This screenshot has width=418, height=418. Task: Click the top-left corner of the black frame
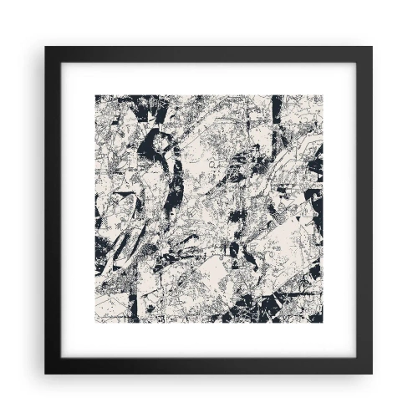coord(47,48)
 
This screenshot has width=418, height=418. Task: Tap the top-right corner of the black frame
coord(371,48)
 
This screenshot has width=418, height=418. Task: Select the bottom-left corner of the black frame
coord(47,372)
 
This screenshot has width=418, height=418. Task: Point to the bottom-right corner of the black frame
coord(371,372)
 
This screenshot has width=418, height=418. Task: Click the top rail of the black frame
coord(209,54)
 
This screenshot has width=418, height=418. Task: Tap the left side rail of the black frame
coord(54,209)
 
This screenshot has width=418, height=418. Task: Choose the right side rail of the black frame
coord(364,209)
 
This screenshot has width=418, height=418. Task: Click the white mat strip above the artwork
coord(209,79)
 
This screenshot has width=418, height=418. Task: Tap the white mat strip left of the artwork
coord(79,209)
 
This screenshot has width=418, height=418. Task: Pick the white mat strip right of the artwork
coord(339,209)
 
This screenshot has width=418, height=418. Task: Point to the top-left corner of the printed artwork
coord(95,95)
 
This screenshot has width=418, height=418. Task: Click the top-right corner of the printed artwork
coord(323,95)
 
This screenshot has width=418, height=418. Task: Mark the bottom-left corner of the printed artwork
coord(95,324)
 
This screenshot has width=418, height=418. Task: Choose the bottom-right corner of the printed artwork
coord(323,324)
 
